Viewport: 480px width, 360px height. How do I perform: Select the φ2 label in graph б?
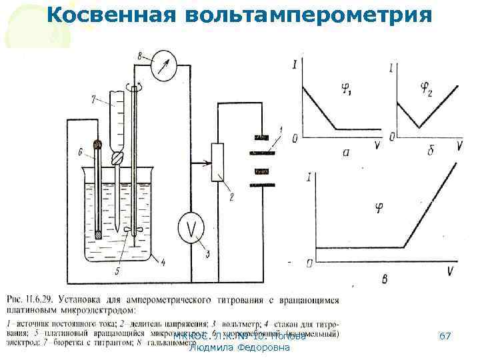coord(423,87)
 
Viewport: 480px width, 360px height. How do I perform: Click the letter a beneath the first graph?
coord(345,152)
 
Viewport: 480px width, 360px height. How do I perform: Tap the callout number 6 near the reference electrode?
coord(80,153)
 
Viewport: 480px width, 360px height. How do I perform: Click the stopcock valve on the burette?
coord(117,159)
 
